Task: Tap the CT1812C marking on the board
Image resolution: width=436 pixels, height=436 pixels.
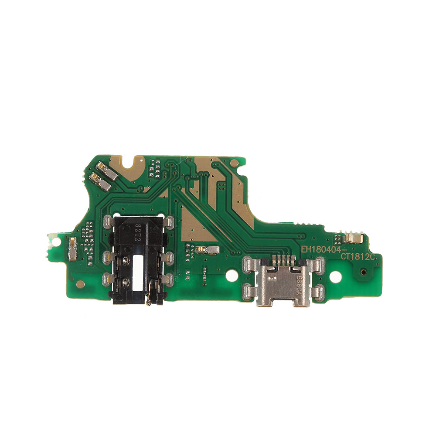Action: [358, 257]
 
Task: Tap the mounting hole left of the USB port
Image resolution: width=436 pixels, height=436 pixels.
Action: [232, 276]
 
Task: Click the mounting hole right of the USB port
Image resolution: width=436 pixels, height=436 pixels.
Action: [335, 276]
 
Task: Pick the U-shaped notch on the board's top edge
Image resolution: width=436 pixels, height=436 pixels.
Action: [129, 165]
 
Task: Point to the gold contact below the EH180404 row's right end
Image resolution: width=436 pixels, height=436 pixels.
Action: [353, 238]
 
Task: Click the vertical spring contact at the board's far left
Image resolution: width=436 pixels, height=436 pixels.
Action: [72, 249]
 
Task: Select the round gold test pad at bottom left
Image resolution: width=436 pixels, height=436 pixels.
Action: [80, 284]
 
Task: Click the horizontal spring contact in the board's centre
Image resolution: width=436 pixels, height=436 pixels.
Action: [207, 250]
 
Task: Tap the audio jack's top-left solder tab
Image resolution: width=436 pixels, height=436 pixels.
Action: [108, 222]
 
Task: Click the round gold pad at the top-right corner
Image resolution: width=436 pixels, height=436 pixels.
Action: [235, 163]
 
